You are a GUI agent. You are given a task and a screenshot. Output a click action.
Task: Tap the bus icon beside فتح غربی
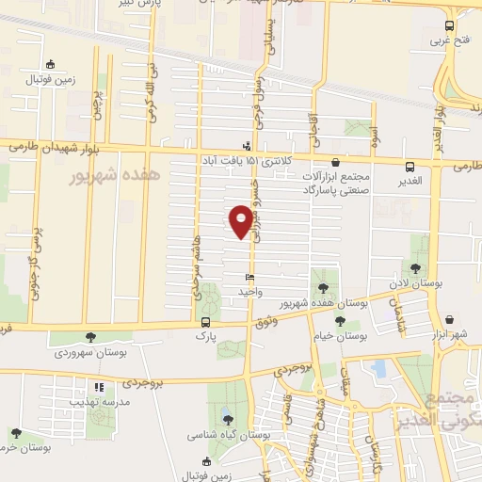point(449,26)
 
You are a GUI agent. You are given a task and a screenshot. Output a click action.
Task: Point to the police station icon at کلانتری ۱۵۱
point(247,146)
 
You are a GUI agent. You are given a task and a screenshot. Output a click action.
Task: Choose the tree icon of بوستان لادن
point(415,269)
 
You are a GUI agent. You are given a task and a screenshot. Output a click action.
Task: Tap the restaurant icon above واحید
point(249,279)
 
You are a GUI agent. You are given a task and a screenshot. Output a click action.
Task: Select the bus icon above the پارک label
point(205,321)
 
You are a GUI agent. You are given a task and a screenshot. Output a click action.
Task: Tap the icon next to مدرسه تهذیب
point(98,387)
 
